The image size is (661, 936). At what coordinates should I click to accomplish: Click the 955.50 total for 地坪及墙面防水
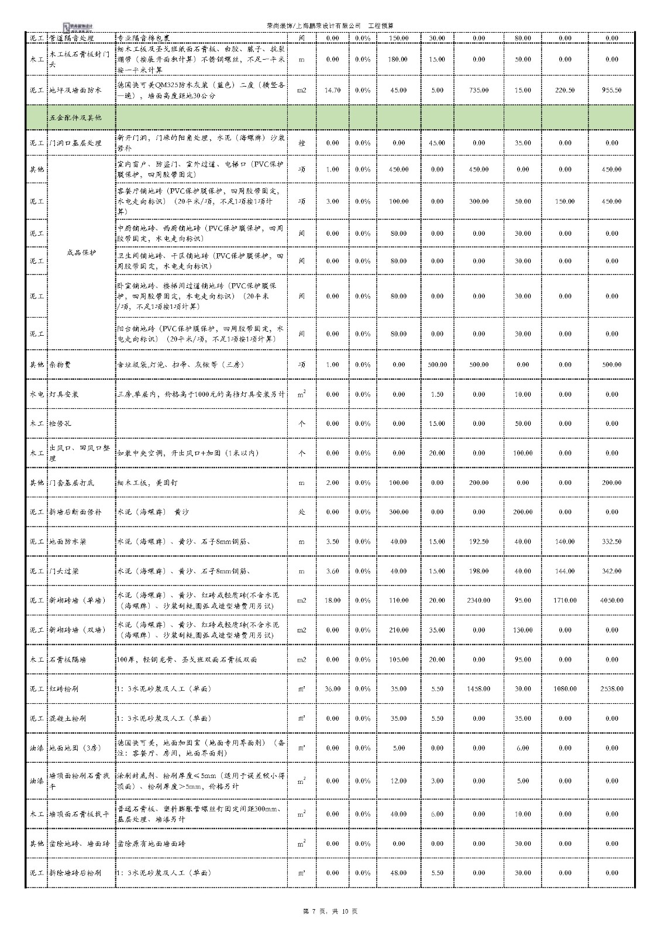pyautogui.click(x=611, y=90)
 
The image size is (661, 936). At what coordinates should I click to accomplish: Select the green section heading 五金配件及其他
pyautogui.click(x=75, y=118)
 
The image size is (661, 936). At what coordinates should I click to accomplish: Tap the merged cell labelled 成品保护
pyautogui.click(x=81, y=253)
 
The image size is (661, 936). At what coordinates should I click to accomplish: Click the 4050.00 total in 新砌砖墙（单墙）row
pyautogui.click(x=611, y=600)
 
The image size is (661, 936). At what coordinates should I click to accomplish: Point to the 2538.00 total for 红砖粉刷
pyautogui.click(x=611, y=689)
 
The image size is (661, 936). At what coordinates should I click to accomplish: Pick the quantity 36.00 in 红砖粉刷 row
pyautogui.click(x=332, y=689)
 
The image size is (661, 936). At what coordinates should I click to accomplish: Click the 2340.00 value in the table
pyautogui.click(x=478, y=600)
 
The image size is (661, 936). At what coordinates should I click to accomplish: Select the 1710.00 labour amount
pyautogui.click(x=564, y=600)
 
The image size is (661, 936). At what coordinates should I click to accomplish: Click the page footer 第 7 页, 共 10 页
pyautogui.click(x=330, y=911)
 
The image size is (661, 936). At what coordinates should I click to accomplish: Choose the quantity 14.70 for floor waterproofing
pyautogui.click(x=332, y=90)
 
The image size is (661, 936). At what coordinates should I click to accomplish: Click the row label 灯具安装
pyautogui.click(x=64, y=394)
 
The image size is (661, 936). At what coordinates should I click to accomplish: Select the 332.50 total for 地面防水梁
pyautogui.click(x=611, y=542)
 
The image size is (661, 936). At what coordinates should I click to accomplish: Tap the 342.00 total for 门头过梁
pyautogui.click(x=611, y=571)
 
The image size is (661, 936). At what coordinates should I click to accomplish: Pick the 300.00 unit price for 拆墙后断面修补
pyautogui.click(x=398, y=512)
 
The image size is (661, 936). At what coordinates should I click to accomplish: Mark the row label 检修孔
pyautogui.click(x=60, y=423)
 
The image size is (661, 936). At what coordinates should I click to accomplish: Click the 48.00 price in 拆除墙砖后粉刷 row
pyautogui.click(x=398, y=873)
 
